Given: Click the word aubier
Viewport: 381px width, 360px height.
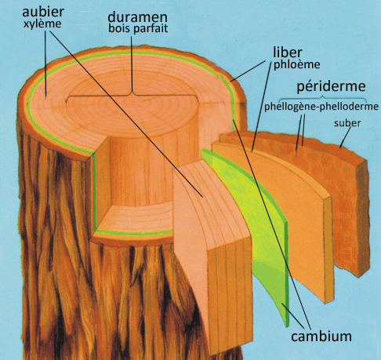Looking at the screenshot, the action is [43, 13].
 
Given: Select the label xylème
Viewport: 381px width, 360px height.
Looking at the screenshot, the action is [42, 24].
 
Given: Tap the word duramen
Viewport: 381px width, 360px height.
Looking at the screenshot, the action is [137, 17].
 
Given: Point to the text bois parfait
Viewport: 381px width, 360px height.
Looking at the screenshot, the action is [138, 28].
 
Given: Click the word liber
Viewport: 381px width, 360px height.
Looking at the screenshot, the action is [288, 53].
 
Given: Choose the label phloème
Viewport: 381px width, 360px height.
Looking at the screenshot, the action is [296, 64].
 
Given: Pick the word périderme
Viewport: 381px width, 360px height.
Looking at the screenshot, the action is [331, 86].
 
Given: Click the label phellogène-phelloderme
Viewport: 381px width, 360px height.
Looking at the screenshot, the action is [321, 107].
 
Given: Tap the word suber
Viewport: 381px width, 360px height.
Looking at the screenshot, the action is [347, 123].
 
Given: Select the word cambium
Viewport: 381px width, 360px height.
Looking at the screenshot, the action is [321, 336].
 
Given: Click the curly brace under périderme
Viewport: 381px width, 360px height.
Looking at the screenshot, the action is [323, 99].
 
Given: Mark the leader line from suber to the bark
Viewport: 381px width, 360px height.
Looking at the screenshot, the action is [346, 137].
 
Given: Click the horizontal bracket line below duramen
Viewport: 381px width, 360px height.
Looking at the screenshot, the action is [132, 95].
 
